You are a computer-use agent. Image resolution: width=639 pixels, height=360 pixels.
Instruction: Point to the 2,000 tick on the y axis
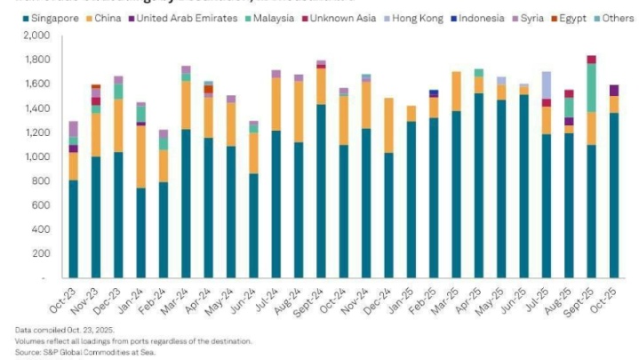[40, 36]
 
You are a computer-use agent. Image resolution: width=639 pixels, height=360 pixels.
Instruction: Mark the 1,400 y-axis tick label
[40, 108]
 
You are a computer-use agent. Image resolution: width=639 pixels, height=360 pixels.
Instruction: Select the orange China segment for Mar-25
[456, 91]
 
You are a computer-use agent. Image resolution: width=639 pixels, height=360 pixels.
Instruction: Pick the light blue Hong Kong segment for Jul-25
[546, 84]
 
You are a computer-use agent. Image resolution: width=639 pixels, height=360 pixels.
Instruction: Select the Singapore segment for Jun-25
[523, 186]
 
